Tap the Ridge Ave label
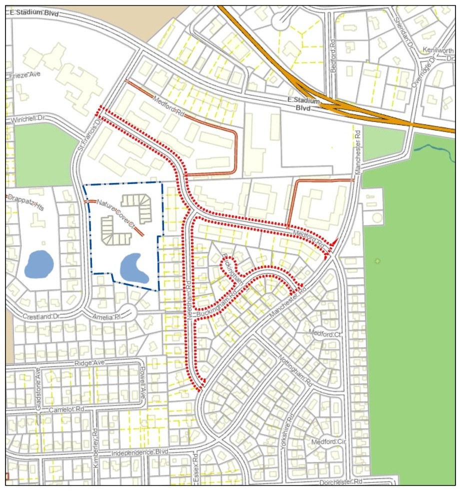(x=88, y=363)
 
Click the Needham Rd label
(x=189, y=296)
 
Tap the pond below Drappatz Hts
(x=39, y=263)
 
